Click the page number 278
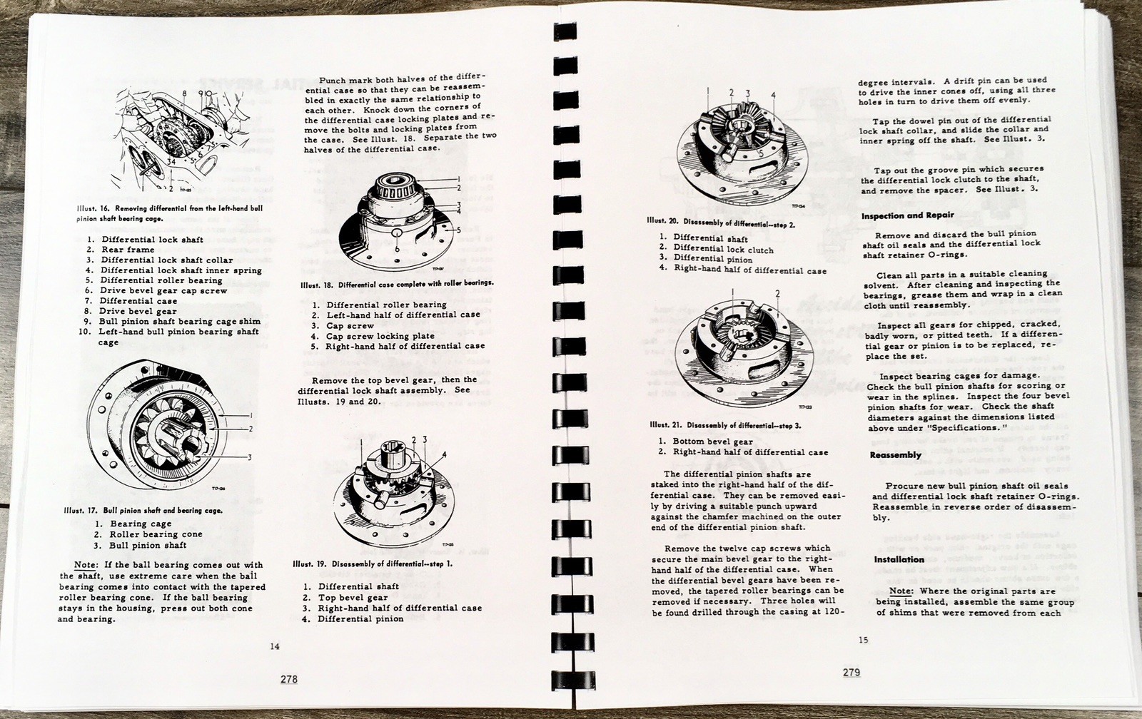[288, 680]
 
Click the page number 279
[851, 672]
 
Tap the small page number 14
[275, 647]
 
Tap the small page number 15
[864, 640]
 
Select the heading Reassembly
[895, 455]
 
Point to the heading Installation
[899, 559]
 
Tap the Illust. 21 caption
[725, 424]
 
